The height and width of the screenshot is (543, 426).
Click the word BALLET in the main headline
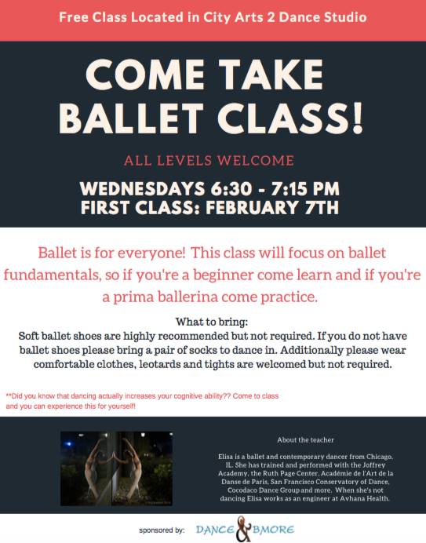coord(131,118)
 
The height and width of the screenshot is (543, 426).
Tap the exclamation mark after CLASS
coord(358,118)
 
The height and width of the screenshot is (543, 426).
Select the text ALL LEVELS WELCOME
coord(209,161)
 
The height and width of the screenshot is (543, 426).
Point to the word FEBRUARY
coord(252,208)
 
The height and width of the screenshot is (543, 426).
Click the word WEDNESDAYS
coord(142,189)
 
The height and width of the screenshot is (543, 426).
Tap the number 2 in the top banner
coord(271,17)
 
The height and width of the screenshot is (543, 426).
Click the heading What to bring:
coord(212,322)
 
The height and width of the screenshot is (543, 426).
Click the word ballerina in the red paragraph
coord(189,297)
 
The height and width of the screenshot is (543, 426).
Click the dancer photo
coord(116,468)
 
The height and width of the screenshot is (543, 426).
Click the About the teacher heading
coord(305,439)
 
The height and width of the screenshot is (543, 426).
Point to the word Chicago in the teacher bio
coord(379,457)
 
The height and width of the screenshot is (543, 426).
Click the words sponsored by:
coord(162,530)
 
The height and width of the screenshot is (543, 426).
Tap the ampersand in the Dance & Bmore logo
coord(244,529)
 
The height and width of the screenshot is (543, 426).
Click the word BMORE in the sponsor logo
coord(274,530)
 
